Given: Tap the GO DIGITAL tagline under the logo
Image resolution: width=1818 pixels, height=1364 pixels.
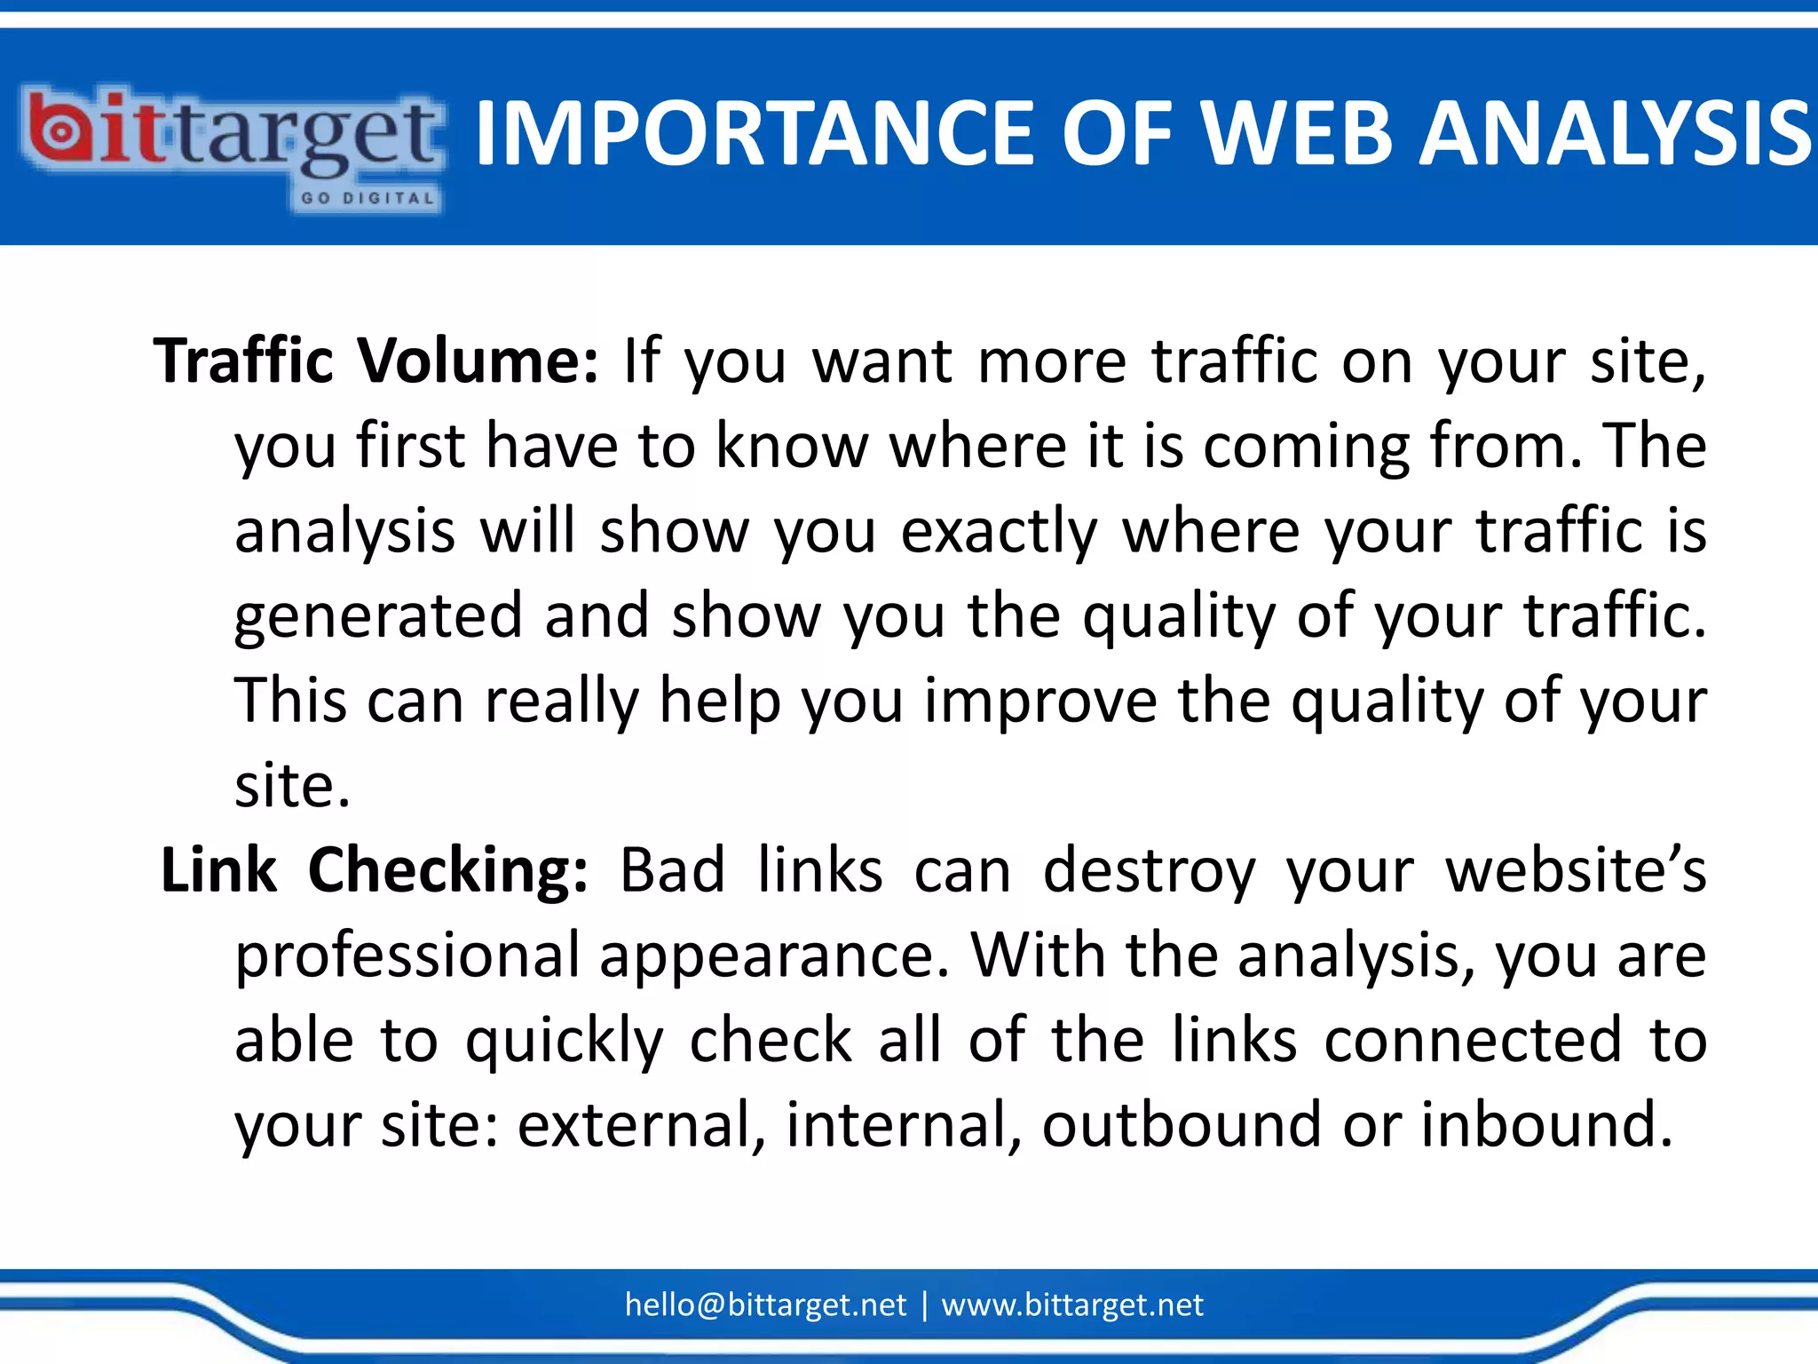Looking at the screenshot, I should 367,198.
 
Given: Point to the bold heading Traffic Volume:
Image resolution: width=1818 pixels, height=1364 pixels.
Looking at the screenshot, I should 376,361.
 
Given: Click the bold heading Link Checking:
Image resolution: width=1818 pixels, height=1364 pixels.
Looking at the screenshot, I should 374,870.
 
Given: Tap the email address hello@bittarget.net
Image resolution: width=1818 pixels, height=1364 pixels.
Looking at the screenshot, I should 765,1305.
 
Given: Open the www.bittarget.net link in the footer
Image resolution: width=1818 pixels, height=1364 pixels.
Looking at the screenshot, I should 1071,1305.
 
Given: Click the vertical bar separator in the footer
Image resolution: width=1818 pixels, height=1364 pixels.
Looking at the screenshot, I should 924,1305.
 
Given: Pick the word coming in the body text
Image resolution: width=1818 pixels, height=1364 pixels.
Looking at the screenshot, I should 1305,447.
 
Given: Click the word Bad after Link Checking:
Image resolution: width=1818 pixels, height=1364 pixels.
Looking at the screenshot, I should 672,870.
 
